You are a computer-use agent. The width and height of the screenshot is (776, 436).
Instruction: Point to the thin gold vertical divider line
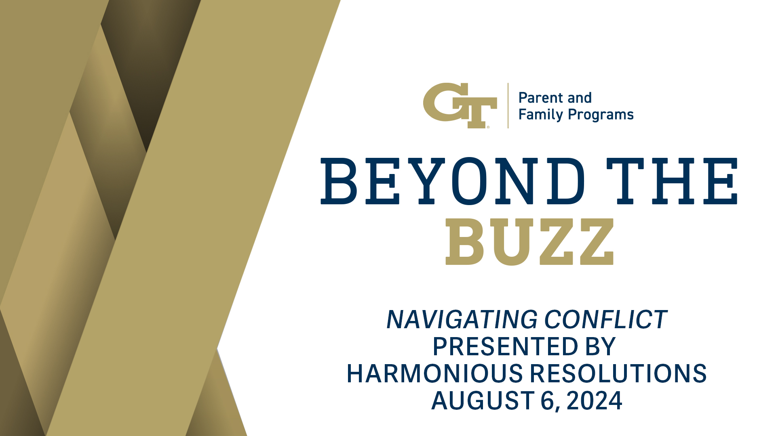click(x=508, y=105)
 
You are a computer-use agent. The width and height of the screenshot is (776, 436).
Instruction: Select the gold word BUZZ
click(x=529, y=242)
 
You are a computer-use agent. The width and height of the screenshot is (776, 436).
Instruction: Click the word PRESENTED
click(x=505, y=346)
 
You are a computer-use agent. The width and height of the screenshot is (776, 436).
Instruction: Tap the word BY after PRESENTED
click(x=600, y=346)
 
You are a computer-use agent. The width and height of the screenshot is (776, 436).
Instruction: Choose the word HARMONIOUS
click(x=435, y=373)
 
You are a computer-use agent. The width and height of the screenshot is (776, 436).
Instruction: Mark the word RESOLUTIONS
click(x=618, y=373)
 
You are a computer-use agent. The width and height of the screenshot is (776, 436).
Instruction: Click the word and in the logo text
click(x=579, y=98)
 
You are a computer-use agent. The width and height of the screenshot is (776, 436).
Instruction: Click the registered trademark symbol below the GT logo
click(x=488, y=127)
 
